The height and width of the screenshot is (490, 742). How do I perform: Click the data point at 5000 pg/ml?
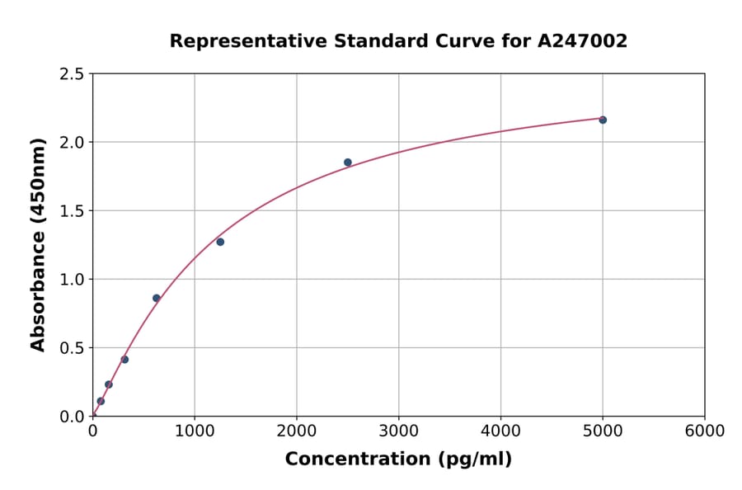click(603, 120)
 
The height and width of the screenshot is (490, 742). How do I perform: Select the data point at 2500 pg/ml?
click(348, 163)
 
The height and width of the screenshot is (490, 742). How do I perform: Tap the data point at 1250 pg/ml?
click(220, 242)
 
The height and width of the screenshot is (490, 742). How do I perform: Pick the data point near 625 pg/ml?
click(157, 298)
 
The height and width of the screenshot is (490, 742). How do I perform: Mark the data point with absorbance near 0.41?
click(124, 360)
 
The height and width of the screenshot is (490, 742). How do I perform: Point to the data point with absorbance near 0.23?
click(109, 384)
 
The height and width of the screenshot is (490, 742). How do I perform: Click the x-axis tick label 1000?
click(195, 431)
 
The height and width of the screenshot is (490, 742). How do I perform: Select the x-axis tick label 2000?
click(297, 431)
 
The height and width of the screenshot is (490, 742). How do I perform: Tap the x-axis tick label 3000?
click(399, 431)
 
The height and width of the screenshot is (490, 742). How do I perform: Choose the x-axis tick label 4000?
click(500, 431)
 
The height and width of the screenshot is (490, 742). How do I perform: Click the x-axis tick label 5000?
click(603, 431)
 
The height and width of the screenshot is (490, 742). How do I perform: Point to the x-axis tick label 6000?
click(705, 431)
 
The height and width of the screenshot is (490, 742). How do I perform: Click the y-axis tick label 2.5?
click(72, 74)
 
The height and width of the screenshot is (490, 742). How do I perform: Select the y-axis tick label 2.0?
click(72, 143)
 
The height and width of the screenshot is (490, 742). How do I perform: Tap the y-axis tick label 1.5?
click(72, 211)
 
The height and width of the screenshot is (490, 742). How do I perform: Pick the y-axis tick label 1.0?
click(72, 280)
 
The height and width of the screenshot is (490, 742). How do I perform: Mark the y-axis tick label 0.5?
click(72, 348)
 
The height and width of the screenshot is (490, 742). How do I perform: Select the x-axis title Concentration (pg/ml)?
click(398, 459)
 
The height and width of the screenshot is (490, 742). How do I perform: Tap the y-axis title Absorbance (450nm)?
click(38, 244)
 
